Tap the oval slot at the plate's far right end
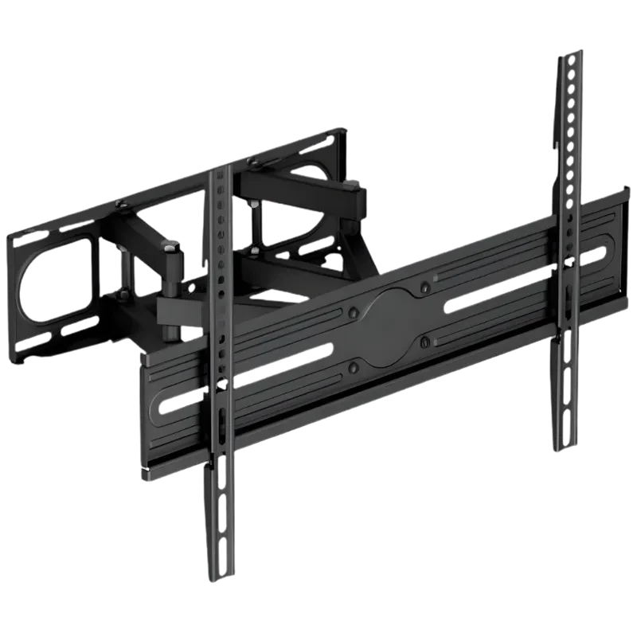593,254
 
